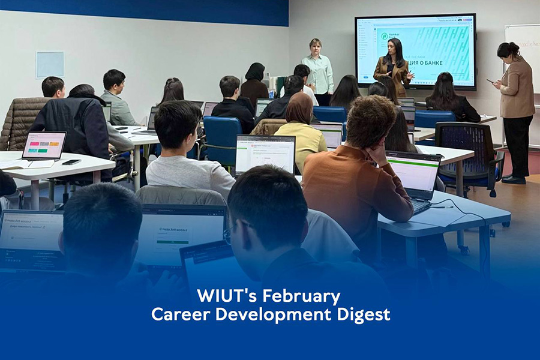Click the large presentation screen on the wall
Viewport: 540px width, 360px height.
[415, 52]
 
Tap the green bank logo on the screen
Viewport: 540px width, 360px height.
[384, 36]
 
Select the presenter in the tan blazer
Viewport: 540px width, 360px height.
[394, 67]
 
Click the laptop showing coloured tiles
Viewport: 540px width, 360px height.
[43, 146]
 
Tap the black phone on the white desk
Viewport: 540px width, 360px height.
[71, 161]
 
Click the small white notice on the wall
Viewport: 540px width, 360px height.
[49, 64]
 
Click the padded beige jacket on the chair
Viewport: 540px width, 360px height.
[21, 123]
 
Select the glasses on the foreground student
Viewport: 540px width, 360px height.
[227, 235]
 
